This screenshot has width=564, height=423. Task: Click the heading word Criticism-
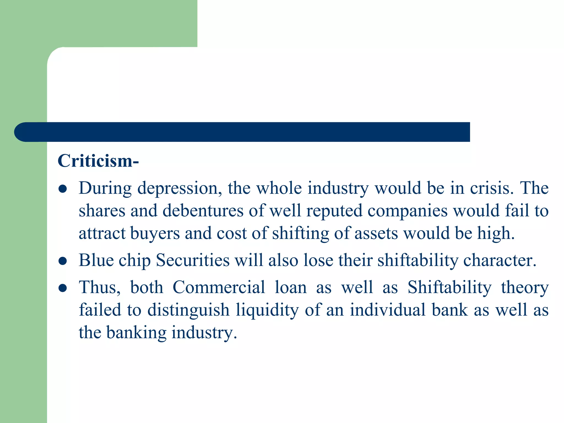(98, 161)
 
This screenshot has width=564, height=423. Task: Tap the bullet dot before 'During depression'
(63, 189)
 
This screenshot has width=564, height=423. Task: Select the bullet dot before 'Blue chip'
(63, 261)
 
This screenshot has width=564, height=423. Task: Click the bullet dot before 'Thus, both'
(63, 288)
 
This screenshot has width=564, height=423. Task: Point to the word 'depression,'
(180, 189)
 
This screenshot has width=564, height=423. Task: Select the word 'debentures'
(203, 211)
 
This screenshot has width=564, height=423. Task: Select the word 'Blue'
(96, 260)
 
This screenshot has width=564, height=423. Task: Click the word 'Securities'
(192, 260)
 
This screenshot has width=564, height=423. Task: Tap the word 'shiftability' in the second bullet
(417, 261)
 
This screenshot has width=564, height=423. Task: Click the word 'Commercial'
(219, 288)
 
